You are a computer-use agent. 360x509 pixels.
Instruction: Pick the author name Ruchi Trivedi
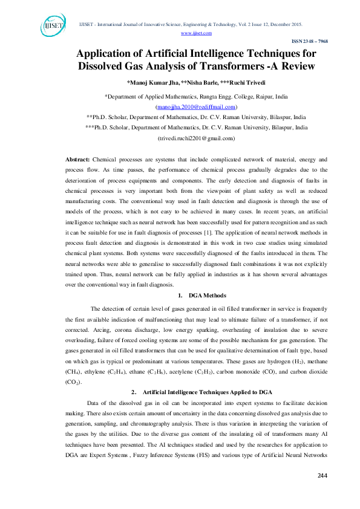(x=249, y=82)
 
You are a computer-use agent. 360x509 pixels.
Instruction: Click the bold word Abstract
(x=77, y=158)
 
